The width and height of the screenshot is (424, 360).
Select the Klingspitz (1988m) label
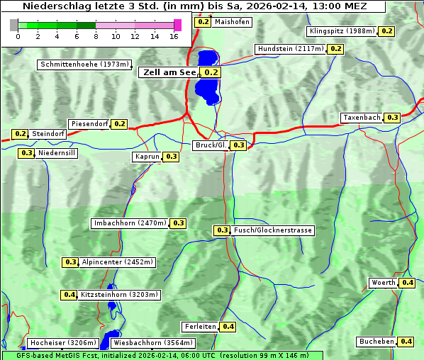pyautogui.click(x=342, y=31)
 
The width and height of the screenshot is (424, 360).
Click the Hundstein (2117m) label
pyautogui.click(x=291, y=49)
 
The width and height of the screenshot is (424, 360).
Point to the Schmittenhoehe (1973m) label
pyautogui.click(x=84, y=64)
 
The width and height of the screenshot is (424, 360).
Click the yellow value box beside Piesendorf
pyautogui.click(x=120, y=124)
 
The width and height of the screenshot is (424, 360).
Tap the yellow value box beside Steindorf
pyautogui.click(x=20, y=134)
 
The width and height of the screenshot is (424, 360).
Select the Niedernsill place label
pyautogui.click(x=57, y=152)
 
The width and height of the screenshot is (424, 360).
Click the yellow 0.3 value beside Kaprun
pyautogui.click(x=171, y=157)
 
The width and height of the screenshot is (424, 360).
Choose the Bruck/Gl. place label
pyautogui.click(x=211, y=145)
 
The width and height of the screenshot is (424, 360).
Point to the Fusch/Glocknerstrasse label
pyautogui.click(x=272, y=230)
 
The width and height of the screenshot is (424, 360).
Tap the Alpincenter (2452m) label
pyautogui.click(x=117, y=262)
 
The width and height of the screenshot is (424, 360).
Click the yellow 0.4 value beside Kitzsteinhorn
pyautogui.click(x=69, y=295)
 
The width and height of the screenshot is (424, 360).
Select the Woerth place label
pyautogui.click(x=384, y=283)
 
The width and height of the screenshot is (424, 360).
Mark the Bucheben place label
pyautogui.click(x=376, y=342)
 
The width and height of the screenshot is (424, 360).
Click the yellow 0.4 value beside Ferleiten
pyautogui.click(x=228, y=327)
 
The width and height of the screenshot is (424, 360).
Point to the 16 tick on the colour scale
pyautogui.click(x=174, y=35)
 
